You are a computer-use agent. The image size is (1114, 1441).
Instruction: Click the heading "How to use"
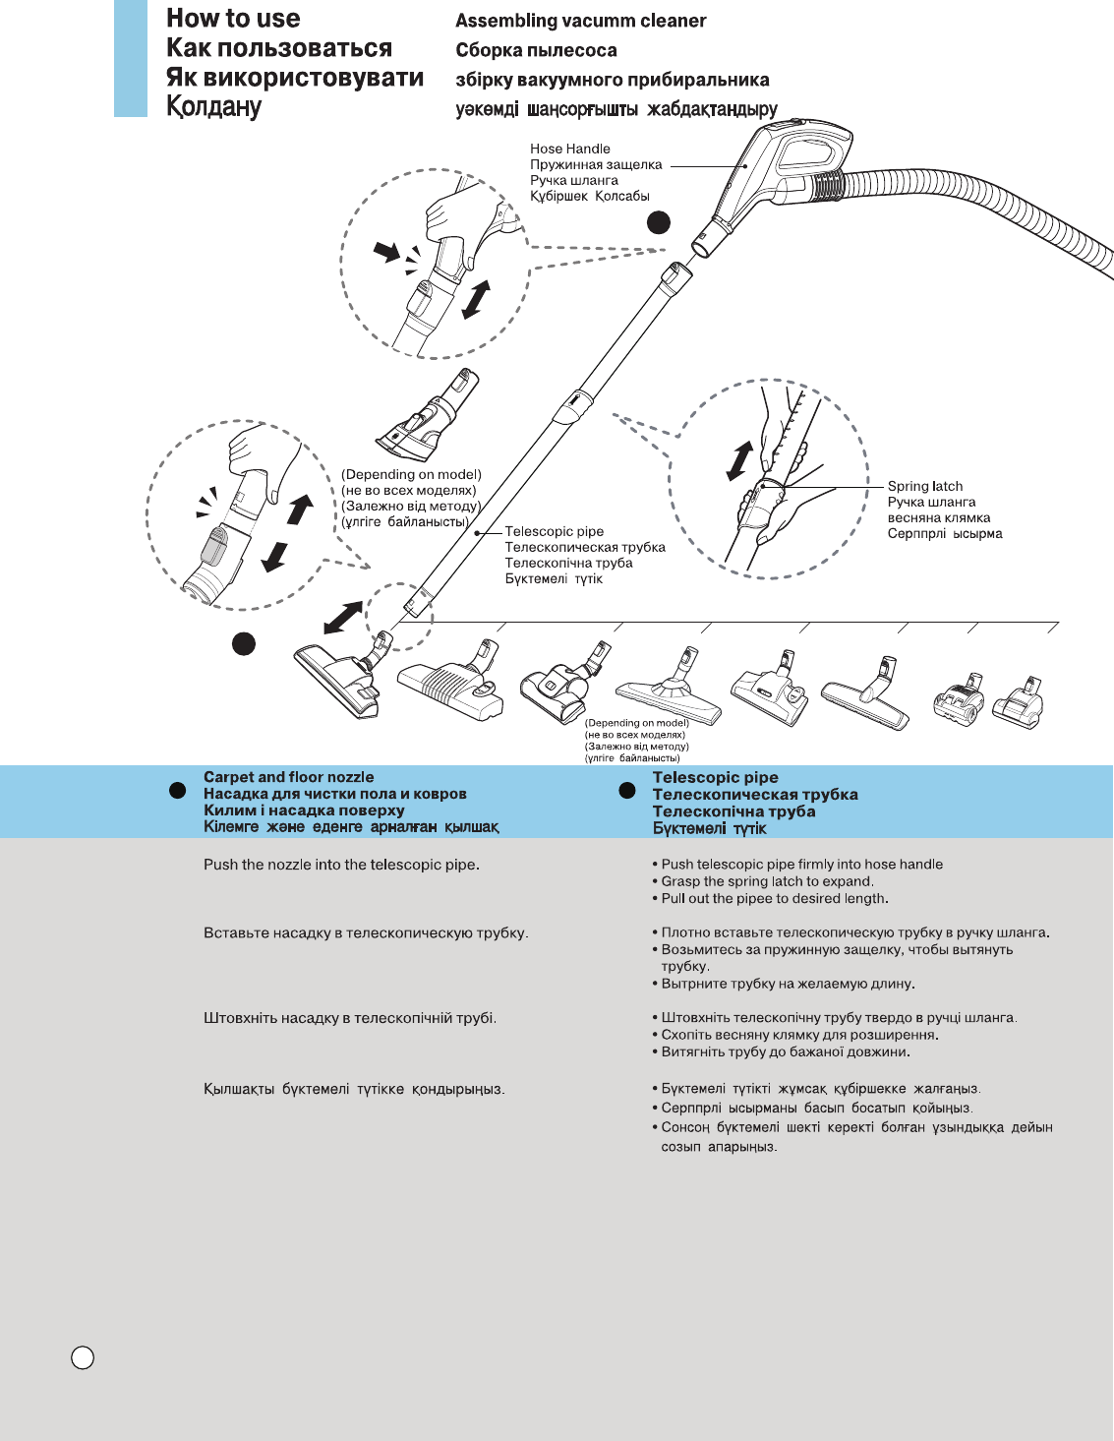[233, 19]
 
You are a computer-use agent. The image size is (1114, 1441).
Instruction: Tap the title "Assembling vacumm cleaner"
[580, 21]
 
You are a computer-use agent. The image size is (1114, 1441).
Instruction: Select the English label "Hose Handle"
[570, 149]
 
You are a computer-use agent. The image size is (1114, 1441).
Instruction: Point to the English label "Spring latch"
[924, 486]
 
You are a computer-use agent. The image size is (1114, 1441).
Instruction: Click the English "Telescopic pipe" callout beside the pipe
[554, 531]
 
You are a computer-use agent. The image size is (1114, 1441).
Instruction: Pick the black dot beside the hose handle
[659, 222]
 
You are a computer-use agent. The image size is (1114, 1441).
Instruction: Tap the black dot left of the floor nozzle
[244, 643]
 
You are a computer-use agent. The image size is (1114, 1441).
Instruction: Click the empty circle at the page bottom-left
[84, 1357]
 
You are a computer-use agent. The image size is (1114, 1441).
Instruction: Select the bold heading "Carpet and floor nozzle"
[288, 777]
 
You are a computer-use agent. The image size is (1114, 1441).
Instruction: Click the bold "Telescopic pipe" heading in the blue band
[715, 777]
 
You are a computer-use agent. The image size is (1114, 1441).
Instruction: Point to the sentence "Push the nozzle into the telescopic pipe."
[341, 865]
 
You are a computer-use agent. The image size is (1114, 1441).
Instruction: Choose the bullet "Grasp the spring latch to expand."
[767, 881]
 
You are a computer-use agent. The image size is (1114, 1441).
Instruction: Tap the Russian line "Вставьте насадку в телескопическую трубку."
[366, 932]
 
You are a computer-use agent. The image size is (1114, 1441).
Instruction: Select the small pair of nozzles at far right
[987, 703]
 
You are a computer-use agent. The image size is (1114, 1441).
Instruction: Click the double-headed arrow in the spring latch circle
[739, 461]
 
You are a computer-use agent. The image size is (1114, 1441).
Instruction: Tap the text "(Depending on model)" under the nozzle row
[637, 723]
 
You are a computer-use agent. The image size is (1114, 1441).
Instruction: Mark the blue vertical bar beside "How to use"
[131, 59]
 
